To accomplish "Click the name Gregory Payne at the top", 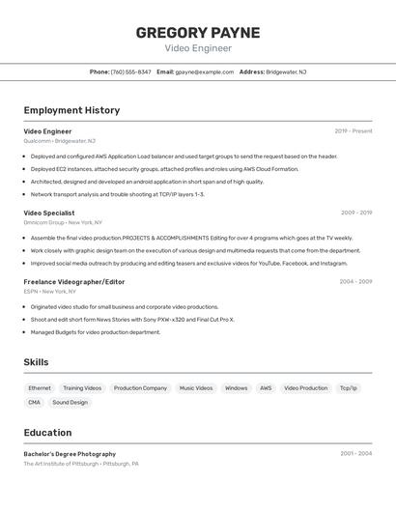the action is [x=197, y=32].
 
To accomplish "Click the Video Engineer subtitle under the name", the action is [x=197, y=47].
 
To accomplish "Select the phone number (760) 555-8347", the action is [x=131, y=71].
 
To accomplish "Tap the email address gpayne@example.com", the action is [x=204, y=71].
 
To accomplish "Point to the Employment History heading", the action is [x=71, y=110].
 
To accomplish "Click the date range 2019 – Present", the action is [x=353, y=131].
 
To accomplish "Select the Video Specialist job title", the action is [x=48, y=213].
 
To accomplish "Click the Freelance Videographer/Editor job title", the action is [x=73, y=282].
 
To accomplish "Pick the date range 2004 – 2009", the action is [x=354, y=282].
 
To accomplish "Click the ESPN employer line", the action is [x=49, y=291].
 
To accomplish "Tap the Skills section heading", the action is [x=37, y=362].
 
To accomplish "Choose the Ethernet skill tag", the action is [x=40, y=388].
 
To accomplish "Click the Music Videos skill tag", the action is [x=196, y=388].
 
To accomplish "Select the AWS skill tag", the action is [x=265, y=388].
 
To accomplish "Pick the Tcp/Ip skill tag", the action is [x=348, y=388].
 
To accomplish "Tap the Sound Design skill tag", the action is [x=70, y=402].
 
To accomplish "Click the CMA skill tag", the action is [x=34, y=402].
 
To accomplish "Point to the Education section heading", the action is [x=47, y=433].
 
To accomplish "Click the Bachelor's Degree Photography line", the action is [x=70, y=454].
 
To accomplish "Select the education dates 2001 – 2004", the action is [x=354, y=454].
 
